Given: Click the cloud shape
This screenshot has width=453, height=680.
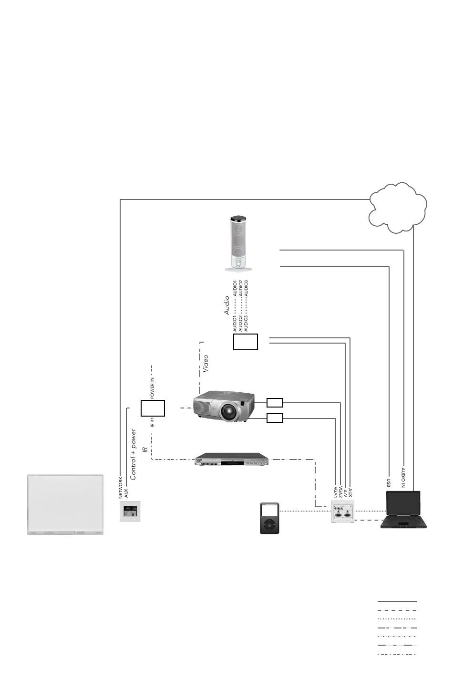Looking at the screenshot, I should tap(398, 208).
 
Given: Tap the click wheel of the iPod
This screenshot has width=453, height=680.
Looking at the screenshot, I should tap(269, 525).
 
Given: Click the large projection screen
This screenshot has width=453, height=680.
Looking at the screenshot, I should tap(65, 505).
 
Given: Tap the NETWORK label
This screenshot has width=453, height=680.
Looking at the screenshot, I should tap(121, 488).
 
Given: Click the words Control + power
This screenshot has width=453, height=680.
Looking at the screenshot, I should tap(134, 455).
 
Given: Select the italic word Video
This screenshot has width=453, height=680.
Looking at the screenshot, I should tap(206, 364).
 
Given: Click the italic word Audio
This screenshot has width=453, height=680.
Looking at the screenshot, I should tap(227, 305).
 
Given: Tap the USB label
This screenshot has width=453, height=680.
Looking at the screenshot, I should tap(389, 483).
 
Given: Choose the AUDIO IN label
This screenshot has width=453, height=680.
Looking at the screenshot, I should tap(403, 478).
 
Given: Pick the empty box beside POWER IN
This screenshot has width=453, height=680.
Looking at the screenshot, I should tap(153, 408).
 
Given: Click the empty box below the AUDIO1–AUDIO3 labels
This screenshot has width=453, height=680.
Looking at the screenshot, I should tap(246, 342).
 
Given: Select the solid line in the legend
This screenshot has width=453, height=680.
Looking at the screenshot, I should tap(397, 601).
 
